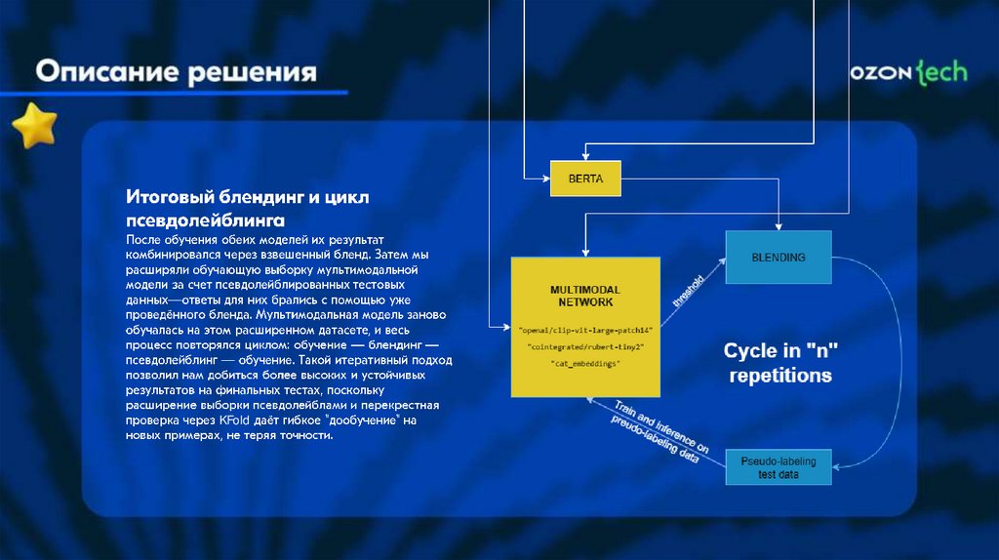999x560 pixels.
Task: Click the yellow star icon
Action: tap(35, 125)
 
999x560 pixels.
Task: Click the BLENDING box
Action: tap(778, 258)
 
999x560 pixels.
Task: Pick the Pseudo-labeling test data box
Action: tap(778, 466)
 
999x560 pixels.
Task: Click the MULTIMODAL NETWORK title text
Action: tap(584, 297)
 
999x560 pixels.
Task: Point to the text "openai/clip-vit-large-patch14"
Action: tap(584, 330)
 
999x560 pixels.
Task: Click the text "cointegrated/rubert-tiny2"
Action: tap(584, 346)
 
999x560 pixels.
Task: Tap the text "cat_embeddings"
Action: tap(584, 363)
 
